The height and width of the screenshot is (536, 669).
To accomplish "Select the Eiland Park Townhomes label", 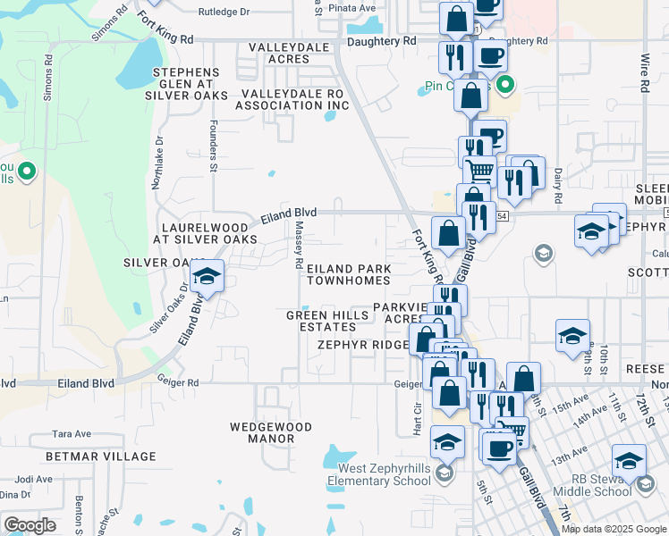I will click(349, 274).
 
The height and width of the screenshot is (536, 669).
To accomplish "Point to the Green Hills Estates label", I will click(321, 322).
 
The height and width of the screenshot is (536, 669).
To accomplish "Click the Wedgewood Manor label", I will click(262, 432).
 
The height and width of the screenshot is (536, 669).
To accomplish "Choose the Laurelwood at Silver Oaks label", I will click(205, 234).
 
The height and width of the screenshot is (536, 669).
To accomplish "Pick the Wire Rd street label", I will click(644, 71).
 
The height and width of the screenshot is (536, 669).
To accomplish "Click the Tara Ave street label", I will click(72, 433).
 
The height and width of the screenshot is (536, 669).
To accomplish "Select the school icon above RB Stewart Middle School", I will click(629, 461).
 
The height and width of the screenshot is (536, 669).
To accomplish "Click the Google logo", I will click(30, 525).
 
